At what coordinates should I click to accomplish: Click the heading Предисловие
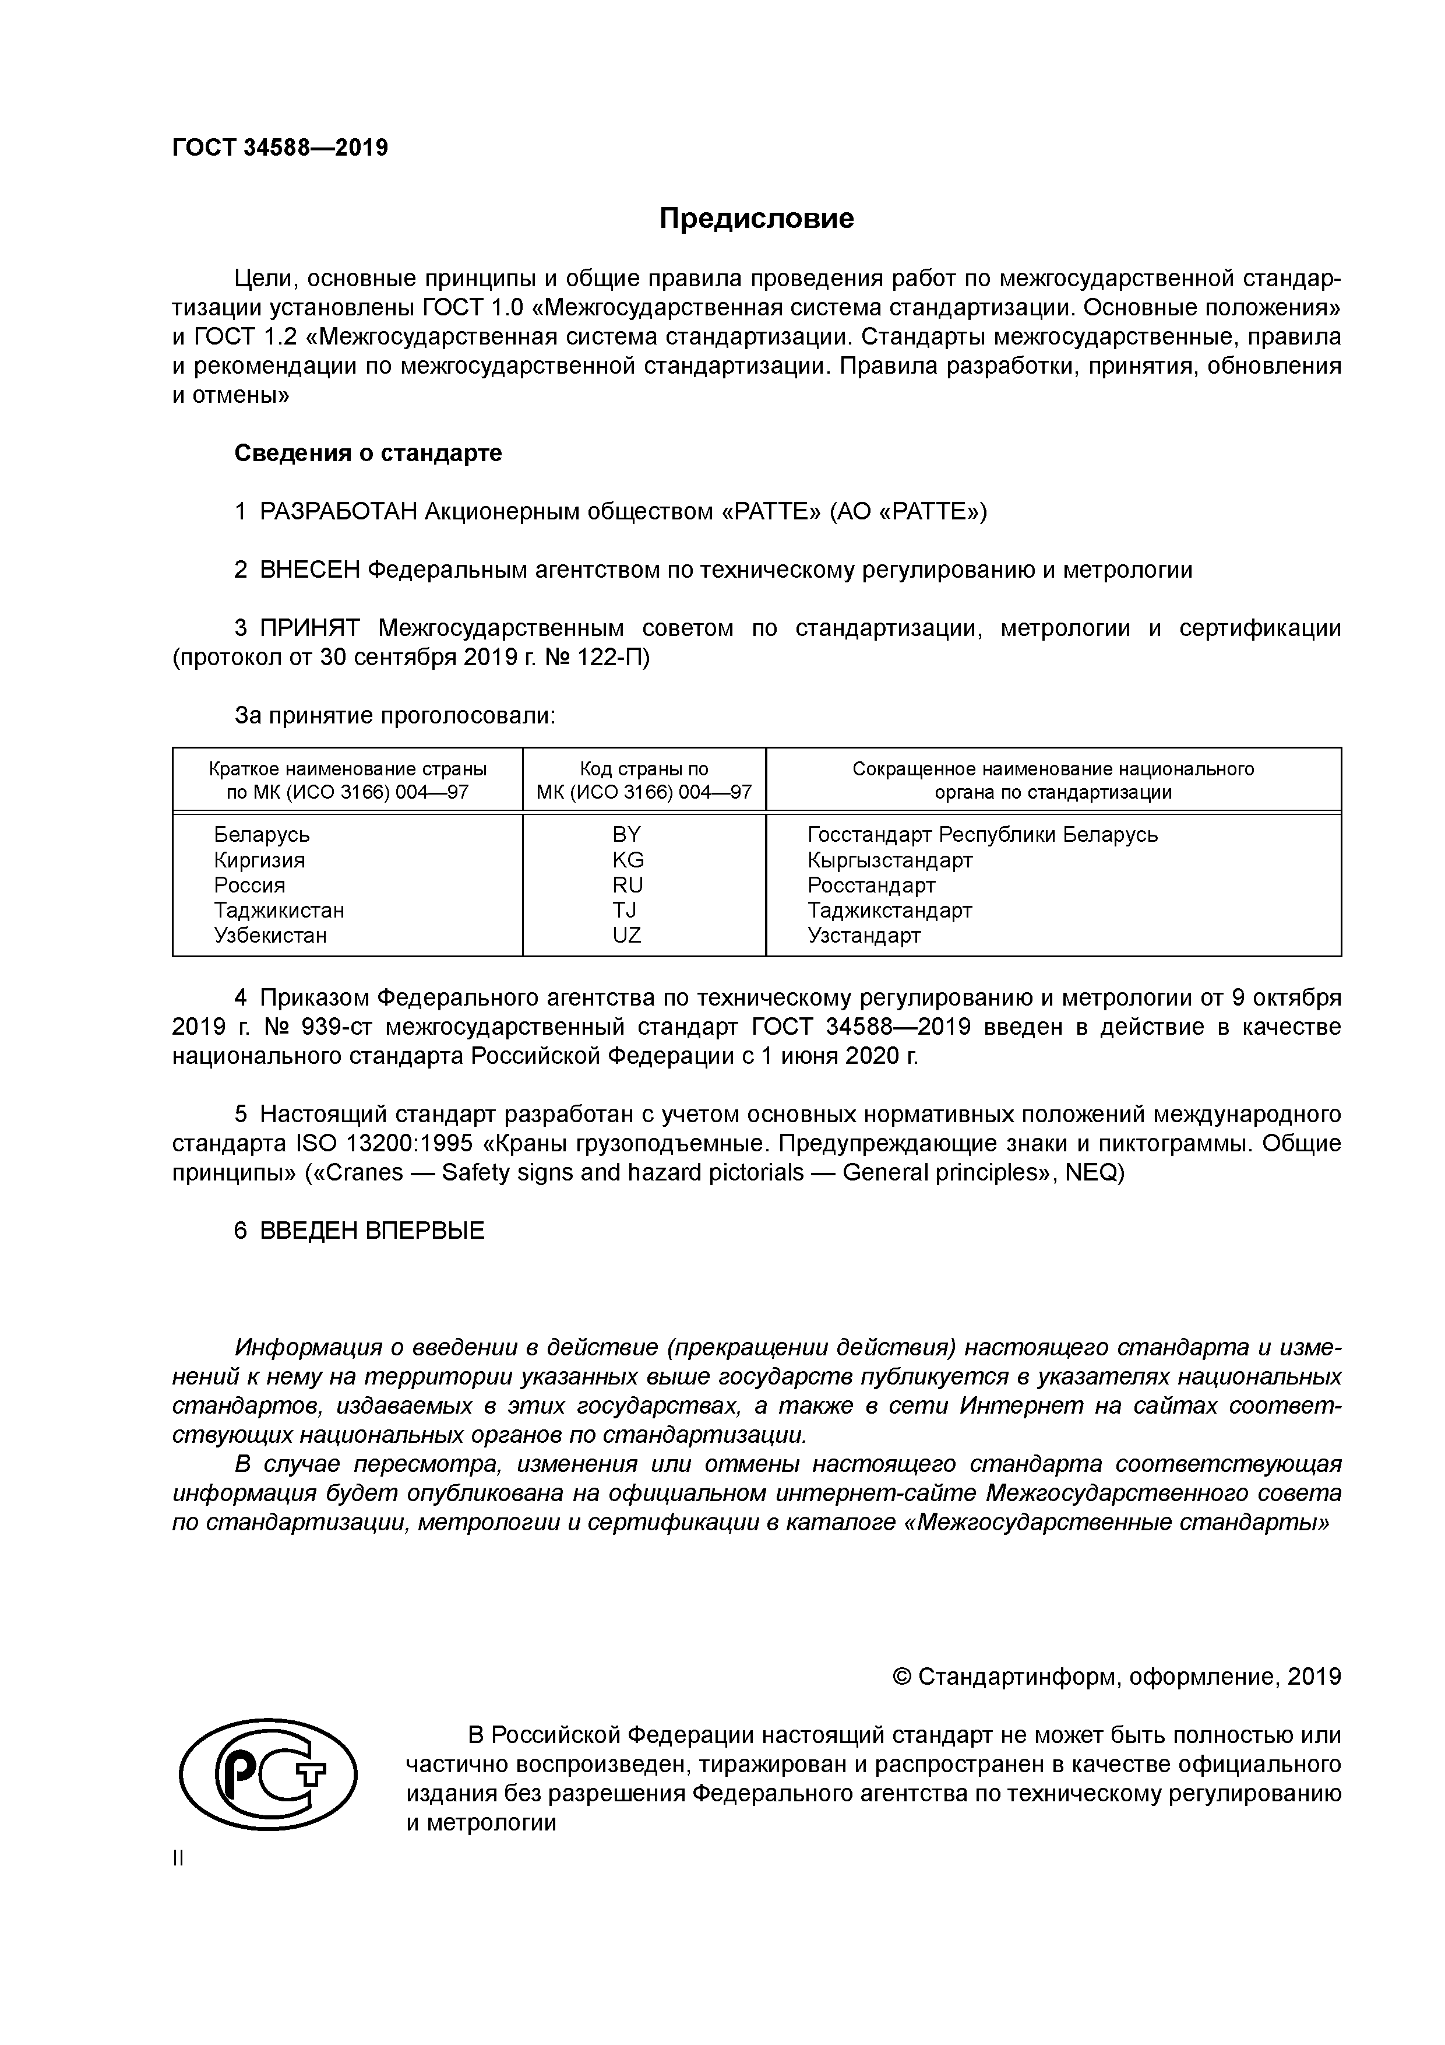point(756,219)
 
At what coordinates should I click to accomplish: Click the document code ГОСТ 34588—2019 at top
point(280,148)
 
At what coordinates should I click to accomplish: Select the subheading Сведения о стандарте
point(368,454)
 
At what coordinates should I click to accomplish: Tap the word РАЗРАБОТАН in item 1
point(339,512)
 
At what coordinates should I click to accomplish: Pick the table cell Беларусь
point(262,835)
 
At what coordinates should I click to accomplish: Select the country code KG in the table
point(628,860)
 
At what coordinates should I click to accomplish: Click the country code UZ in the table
point(627,935)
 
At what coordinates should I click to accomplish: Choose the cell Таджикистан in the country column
point(279,910)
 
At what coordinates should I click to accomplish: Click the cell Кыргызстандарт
point(890,860)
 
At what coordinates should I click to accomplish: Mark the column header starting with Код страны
point(644,780)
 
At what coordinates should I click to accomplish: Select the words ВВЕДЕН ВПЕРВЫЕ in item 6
point(372,1231)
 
